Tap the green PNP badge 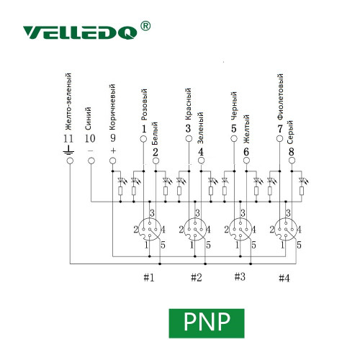coord(207,323)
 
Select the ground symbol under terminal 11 coord(68,150)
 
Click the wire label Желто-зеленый coord(68,102)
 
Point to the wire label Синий coord(88,119)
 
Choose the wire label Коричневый coord(112,107)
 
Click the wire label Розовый coord(144,104)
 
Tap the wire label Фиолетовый coord(280,96)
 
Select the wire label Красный coord(189,104)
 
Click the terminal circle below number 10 coord(91,161)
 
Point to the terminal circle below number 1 coord(143,139)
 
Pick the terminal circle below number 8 coord(292,161)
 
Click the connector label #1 coord(149,278)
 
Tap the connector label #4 coord(284,278)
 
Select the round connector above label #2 coord(195,229)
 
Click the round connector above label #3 coord(240,229)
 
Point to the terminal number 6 coord(246,152)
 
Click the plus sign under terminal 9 coord(113,150)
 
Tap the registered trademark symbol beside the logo coord(145,26)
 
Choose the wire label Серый coord(290,132)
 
